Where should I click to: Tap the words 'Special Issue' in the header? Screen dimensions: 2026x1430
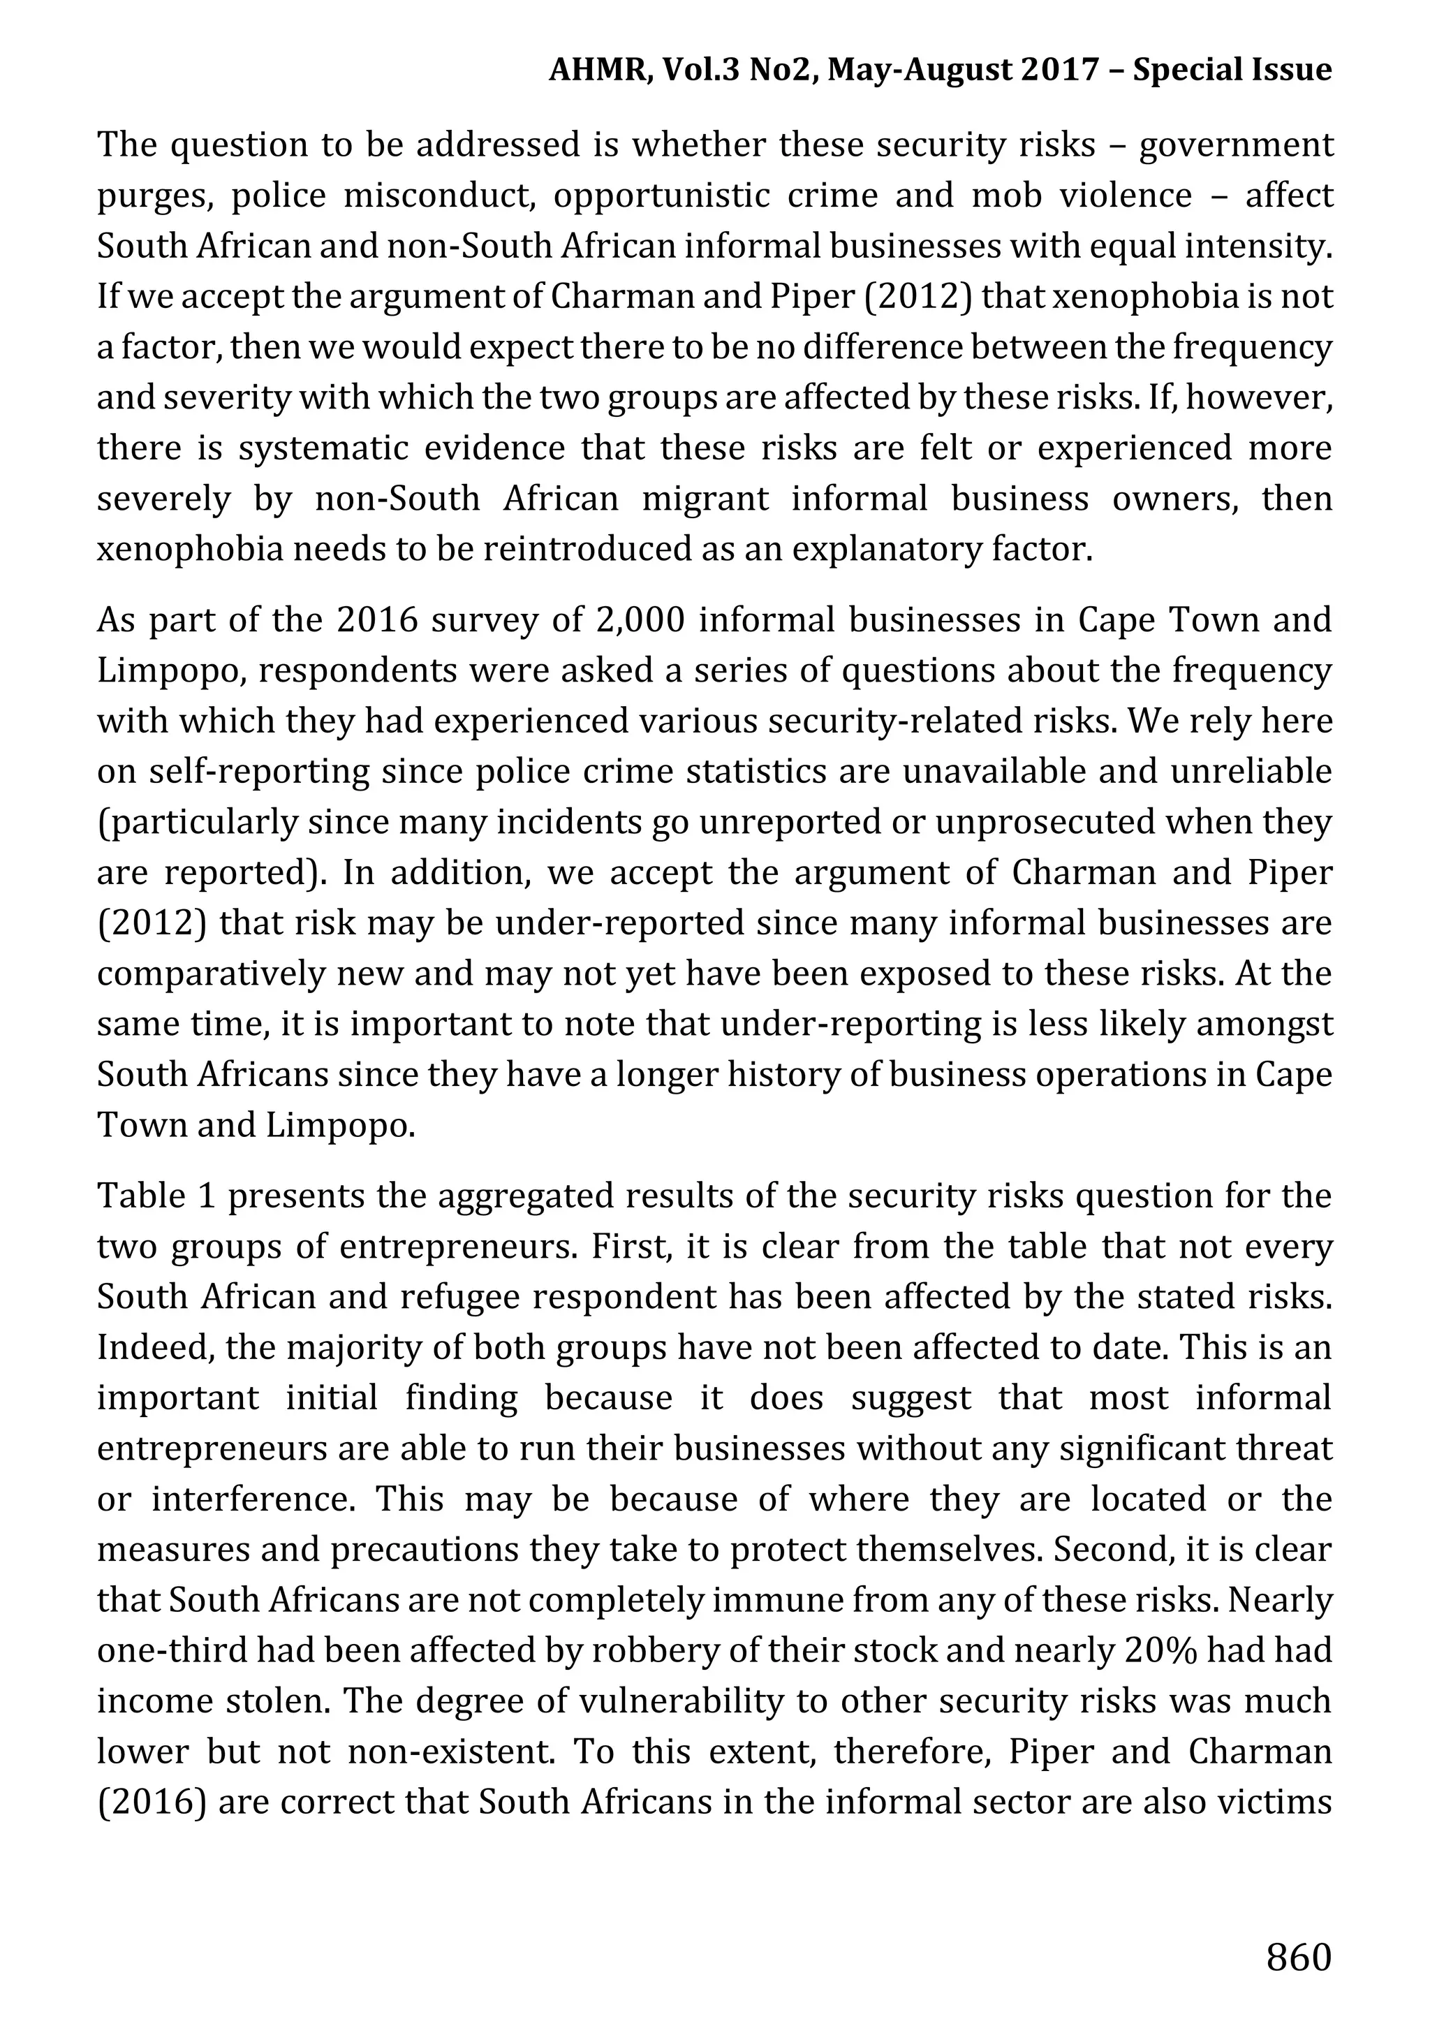1232,69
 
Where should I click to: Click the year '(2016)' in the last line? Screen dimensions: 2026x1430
151,1802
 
